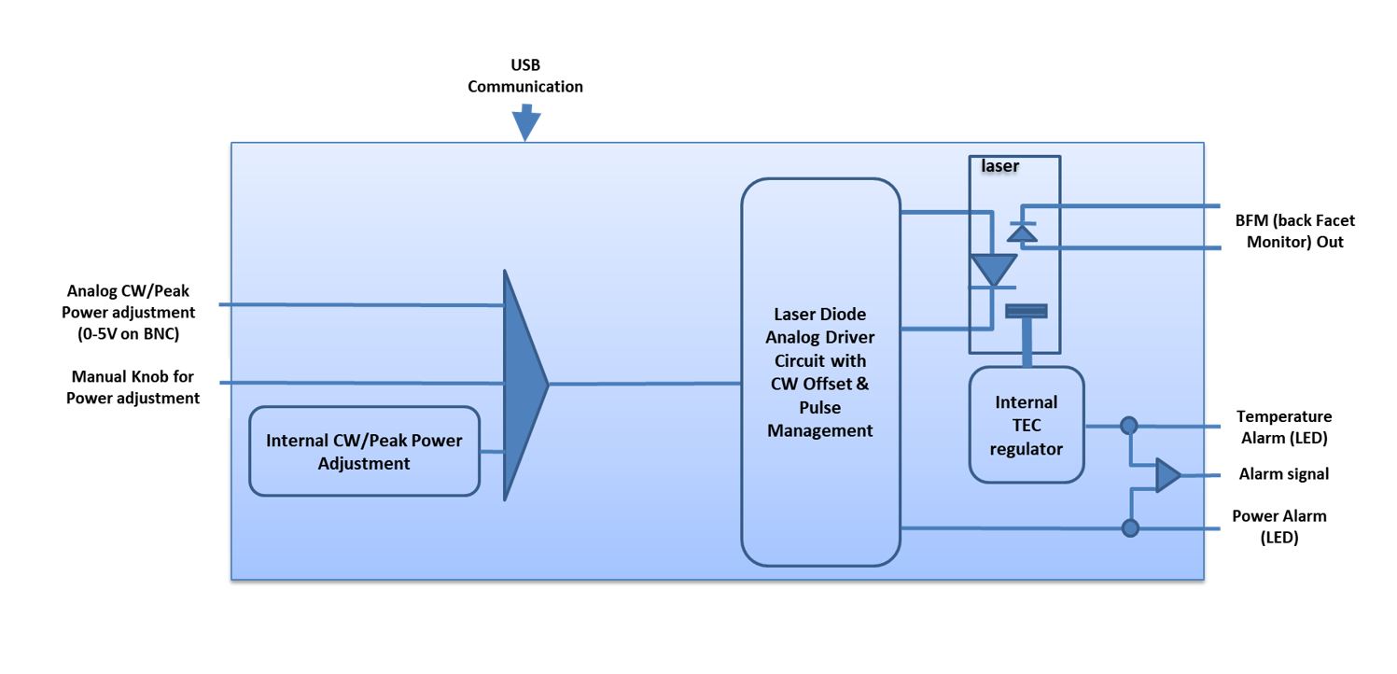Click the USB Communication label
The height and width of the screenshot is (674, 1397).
click(524, 76)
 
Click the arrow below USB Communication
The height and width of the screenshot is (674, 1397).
click(526, 123)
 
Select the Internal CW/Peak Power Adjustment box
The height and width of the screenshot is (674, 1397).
click(364, 450)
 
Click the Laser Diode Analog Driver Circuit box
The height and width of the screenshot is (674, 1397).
click(820, 372)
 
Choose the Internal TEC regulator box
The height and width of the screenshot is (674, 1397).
click(1027, 425)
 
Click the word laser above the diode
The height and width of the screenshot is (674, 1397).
click(999, 166)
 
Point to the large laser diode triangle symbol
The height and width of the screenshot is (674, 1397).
click(993, 270)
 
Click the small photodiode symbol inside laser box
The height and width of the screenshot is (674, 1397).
click(1024, 232)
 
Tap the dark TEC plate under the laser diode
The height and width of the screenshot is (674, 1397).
click(1027, 311)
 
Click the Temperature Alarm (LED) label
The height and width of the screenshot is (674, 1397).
click(1284, 427)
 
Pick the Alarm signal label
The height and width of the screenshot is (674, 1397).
click(1283, 474)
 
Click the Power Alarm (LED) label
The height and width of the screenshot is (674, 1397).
click(1278, 527)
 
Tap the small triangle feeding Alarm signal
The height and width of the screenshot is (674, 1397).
click(1166, 475)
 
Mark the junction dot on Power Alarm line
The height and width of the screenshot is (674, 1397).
click(1130, 528)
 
